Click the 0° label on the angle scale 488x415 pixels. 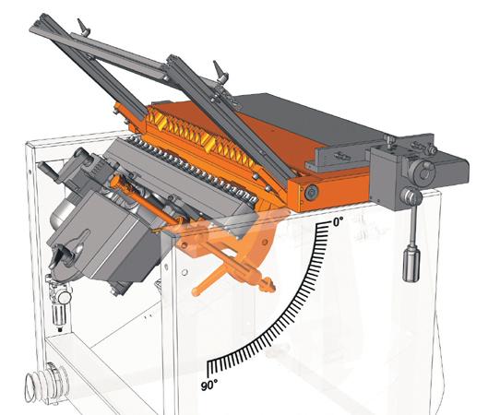click(338, 222)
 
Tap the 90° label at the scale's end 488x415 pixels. click(209, 385)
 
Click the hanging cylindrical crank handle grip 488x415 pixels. click(411, 263)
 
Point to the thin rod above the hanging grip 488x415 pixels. click(413, 224)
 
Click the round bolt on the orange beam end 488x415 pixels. click(311, 192)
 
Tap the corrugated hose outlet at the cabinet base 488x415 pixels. click(47, 384)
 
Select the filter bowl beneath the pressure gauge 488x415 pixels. click(58, 314)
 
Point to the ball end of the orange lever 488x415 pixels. click(196, 291)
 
